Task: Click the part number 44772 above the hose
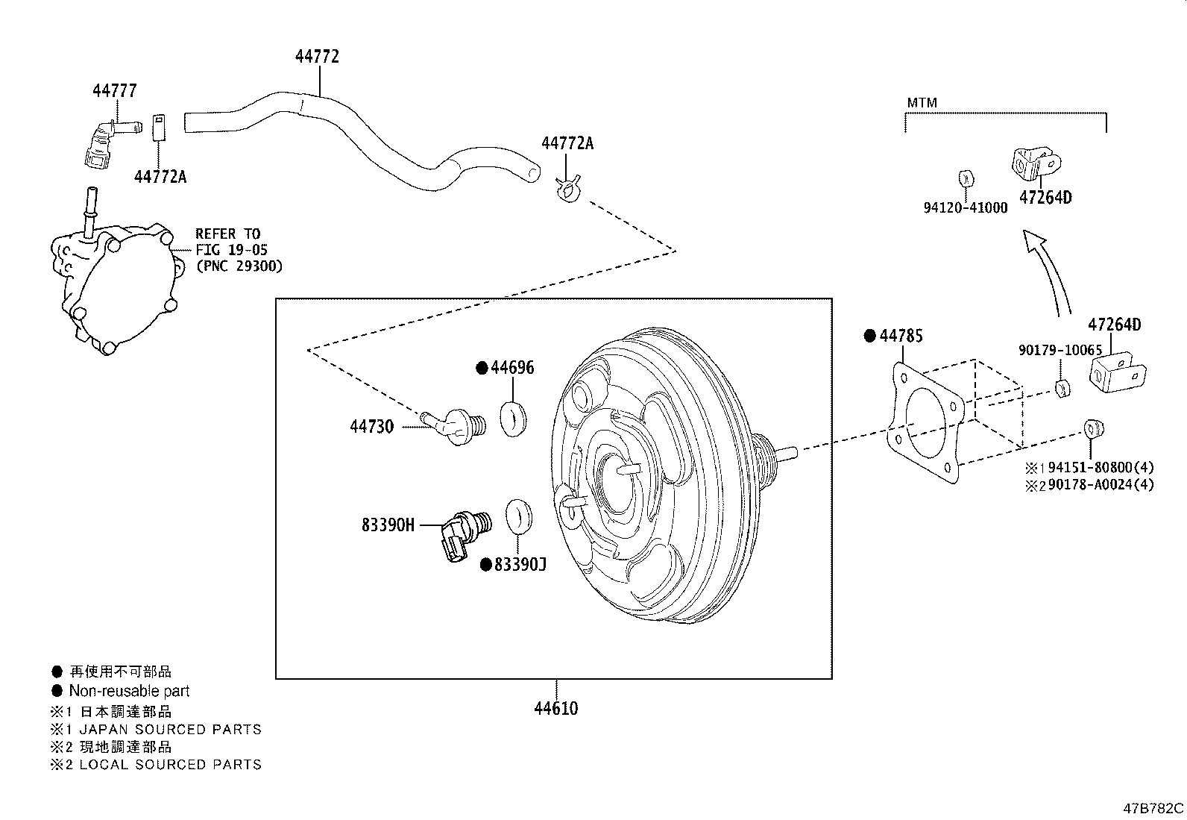[317, 57]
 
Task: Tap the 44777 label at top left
[114, 91]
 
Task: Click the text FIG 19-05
[231, 250]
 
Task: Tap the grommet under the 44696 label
[513, 419]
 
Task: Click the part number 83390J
[520, 565]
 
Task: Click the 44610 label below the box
[555, 708]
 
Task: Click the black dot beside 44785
[869, 336]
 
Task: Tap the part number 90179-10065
[1060, 350]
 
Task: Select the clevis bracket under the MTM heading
[1036, 163]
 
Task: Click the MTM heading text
[922, 103]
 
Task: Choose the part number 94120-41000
[965, 208]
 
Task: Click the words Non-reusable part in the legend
[129, 691]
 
